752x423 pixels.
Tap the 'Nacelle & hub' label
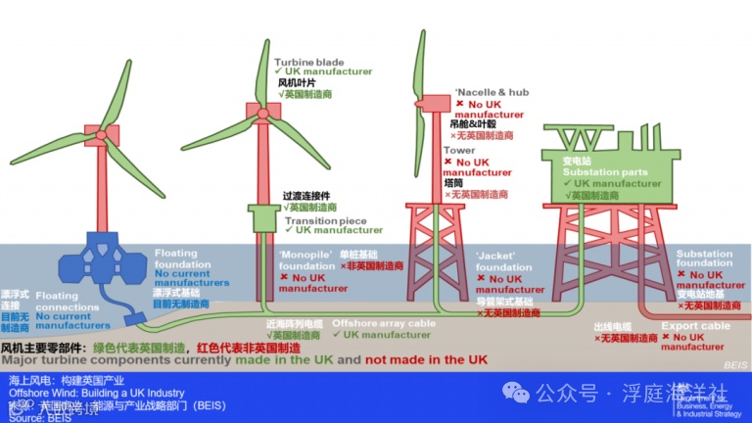pyautogui.click(x=493, y=92)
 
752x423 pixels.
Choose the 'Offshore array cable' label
pyautogui.click(x=384, y=323)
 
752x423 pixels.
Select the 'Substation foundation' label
pyautogui.click(x=704, y=258)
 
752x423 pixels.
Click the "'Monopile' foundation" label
pyautogui.click(x=306, y=258)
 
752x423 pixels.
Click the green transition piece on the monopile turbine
pyautogui.click(x=265, y=217)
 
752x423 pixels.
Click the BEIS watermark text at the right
pyautogui.click(x=735, y=364)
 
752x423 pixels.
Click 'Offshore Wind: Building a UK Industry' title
pyautogui.click(x=97, y=394)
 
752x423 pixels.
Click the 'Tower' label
pyautogui.click(x=459, y=151)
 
